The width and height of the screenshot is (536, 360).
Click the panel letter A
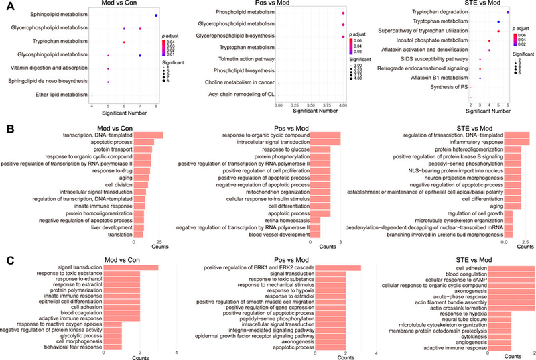5,6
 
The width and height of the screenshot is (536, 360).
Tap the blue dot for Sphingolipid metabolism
156,15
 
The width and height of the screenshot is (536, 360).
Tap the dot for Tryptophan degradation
507,13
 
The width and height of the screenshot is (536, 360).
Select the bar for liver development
139,227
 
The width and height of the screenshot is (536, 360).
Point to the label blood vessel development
277,235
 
